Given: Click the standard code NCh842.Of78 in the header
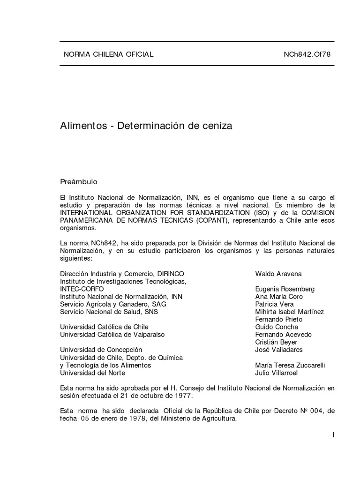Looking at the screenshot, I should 307,54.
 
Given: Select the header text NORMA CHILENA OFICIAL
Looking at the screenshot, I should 108,54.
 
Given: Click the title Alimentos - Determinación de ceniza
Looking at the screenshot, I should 146,126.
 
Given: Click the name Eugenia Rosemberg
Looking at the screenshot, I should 285,289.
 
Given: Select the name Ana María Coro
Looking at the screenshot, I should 279,297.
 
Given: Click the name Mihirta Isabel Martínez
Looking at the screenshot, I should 289,312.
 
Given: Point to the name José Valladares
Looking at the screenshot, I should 279,350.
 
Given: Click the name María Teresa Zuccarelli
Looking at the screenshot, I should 290,365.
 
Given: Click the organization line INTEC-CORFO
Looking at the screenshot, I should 82,289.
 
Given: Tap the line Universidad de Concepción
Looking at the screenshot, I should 101,350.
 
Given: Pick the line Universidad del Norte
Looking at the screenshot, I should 93,373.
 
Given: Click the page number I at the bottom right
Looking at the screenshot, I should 333,435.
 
